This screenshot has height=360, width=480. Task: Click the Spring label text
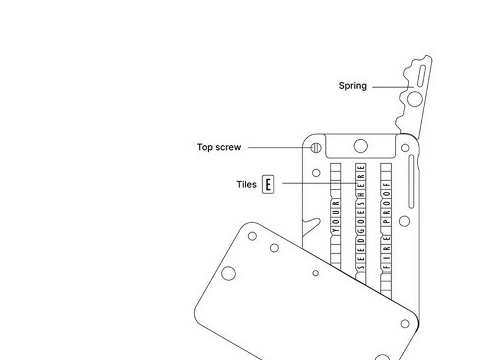pyautogui.click(x=353, y=86)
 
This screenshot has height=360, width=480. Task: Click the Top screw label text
pyautogui.click(x=219, y=147)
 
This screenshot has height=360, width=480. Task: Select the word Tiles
pyautogui.click(x=247, y=184)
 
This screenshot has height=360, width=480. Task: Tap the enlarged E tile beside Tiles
pyautogui.click(x=268, y=184)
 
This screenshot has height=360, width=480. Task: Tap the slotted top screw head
pyautogui.click(x=316, y=148)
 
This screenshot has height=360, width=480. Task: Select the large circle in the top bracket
pyautogui.click(x=361, y=146)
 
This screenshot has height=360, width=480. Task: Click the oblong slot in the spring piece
pyautogui.click(x=421, y=76)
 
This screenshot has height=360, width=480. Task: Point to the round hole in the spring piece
pyautogui.click(x=415, y=99)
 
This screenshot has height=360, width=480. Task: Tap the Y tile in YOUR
pyautogui.click(x=336, y=230)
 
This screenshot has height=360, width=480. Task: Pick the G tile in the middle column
pyautogui.click(x=361, y=230)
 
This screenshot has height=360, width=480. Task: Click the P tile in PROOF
pyautogui.click(x=386, y=221)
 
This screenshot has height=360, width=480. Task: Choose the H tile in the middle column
pyautogui.click(x=361, y=194)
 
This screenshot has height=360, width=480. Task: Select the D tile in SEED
pyautogui.click(x=361, y=241)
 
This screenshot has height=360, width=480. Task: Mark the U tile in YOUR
pyautogui.click(x=336, y=212)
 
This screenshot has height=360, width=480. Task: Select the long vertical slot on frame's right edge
pyautogui.click(x=412, y=182)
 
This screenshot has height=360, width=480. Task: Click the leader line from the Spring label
pyautogui.click(x=393, y=87)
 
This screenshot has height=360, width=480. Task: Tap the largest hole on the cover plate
pyautogui.click(x=229, y=274)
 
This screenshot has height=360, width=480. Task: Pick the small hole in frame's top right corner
pyautogui.click(x=405, y=148)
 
